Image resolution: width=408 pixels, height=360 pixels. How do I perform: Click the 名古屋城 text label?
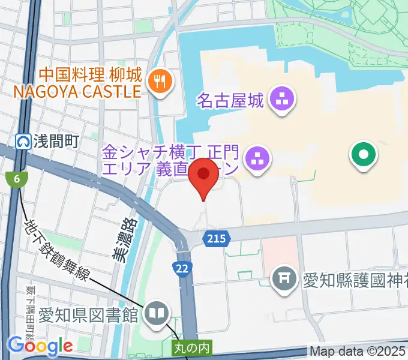point(230,100)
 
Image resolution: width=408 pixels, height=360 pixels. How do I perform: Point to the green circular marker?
point(364,155)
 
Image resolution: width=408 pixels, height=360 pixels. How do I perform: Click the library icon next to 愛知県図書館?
point(158,313)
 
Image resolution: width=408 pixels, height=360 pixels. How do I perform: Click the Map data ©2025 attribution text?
point(358,352)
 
